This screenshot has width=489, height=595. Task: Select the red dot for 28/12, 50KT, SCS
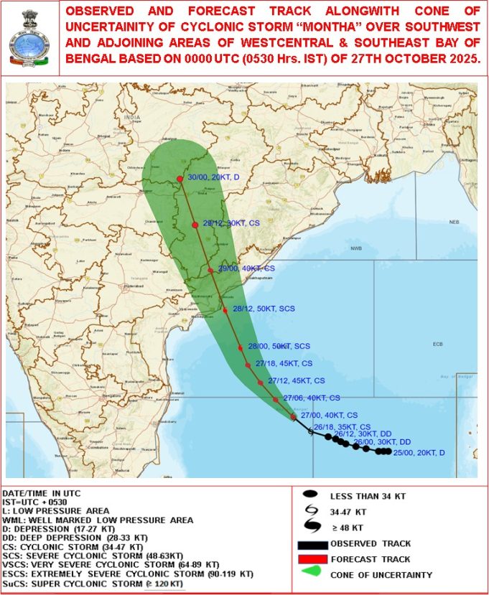[225, 310]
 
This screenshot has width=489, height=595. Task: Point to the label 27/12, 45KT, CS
[296, 380]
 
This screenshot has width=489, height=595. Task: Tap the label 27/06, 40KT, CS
[312, 398]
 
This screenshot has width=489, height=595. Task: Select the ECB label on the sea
[437, 345]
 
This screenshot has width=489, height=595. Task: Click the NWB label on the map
[356, 248]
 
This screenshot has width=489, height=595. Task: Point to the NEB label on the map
[454, 222]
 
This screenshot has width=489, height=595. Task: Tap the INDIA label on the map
[131, 117]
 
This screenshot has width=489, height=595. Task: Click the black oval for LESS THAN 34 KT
[310, 495]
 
